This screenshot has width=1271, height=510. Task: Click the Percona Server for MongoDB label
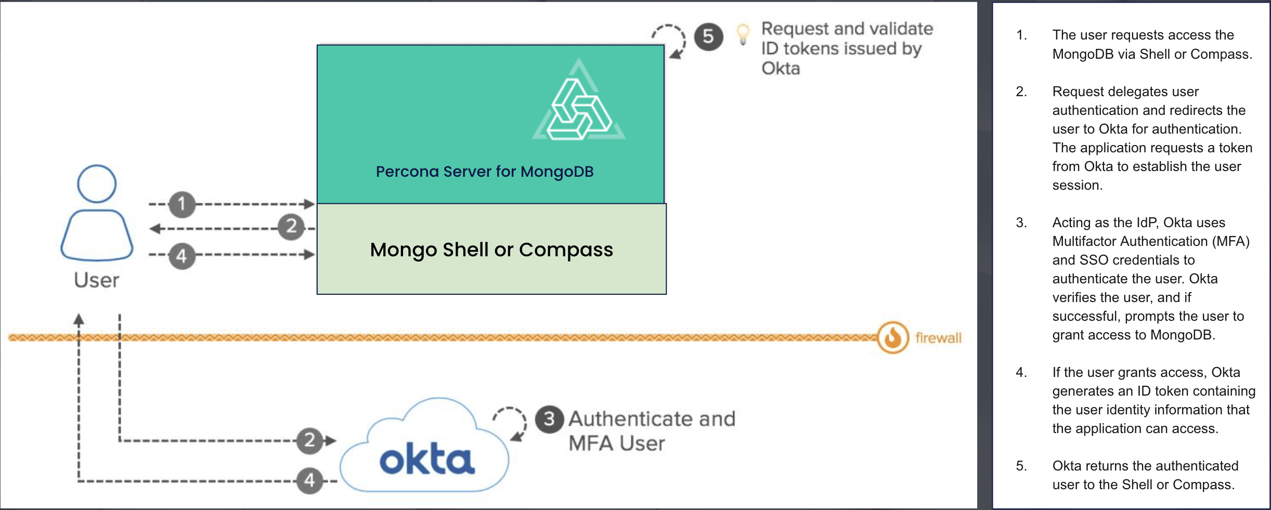(x=484, y=172)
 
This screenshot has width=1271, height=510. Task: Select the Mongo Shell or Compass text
(x=491, y=250)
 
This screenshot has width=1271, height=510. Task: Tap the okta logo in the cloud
(x=426, y=460)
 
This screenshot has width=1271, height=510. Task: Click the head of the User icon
(x=97, y=184)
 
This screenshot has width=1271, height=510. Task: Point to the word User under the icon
(x=96, y=280)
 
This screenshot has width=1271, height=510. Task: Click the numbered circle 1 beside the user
(x=181, y=204)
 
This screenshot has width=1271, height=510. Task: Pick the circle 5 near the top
(x=708, y=37)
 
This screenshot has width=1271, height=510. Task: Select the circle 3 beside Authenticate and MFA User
(x=549, y=419)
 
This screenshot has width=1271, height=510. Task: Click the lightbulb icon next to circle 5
(x=743, y=34)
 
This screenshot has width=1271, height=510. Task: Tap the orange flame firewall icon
(x=893, y=337)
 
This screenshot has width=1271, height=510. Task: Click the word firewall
(x=938, y=338)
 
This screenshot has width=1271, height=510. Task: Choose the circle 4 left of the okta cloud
(x=309, y=480)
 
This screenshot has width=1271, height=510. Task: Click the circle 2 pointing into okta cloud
(x=310, y=440)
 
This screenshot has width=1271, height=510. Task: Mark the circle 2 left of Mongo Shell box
(x=291, y=227)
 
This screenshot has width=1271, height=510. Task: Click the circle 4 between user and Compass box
(x=181, y=256)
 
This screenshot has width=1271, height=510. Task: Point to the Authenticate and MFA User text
(x=651, y=430)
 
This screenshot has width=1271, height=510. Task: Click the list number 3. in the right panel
(x=1021, y=223)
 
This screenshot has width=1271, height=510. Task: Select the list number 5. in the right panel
(x=1021, y=466)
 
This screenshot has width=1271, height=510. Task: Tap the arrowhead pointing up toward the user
(x=79, y=319)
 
